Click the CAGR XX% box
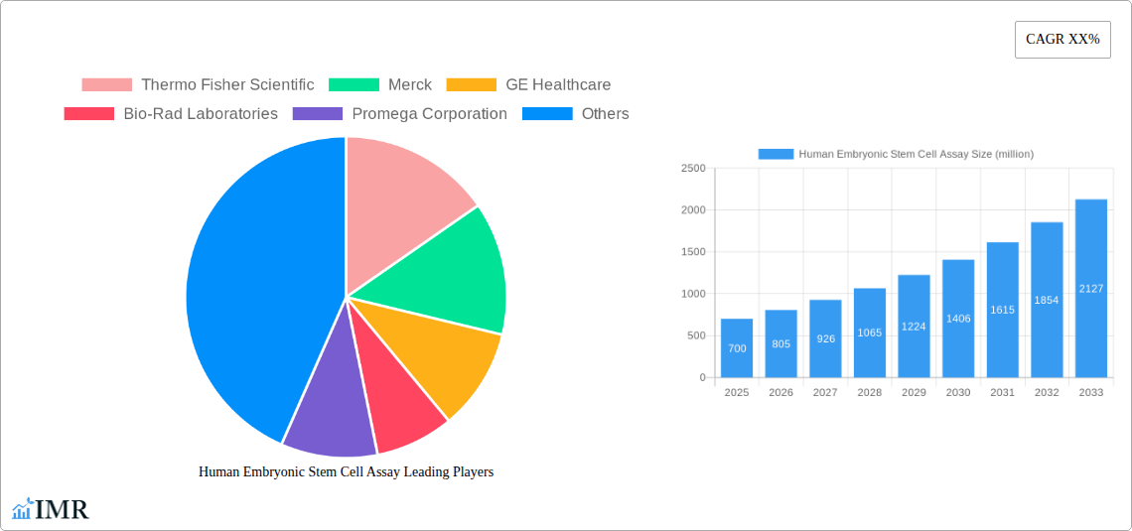(1062, 40)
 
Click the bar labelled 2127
(1090, 288)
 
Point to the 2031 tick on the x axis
(1002, 393)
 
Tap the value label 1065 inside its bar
(869, 332)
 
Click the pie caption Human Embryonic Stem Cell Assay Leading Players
(346, 472)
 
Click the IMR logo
(51, 510)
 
